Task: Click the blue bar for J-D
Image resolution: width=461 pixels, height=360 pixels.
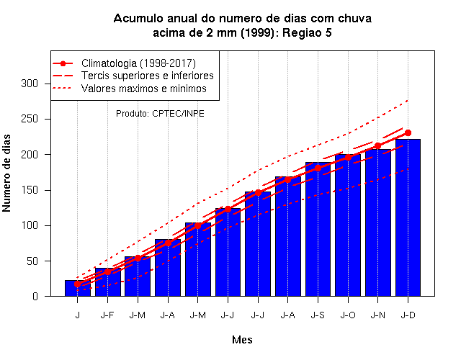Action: pos(408,217)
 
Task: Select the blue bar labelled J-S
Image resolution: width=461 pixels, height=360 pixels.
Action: pos(318,229)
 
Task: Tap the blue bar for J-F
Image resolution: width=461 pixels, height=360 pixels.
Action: pos(107,282)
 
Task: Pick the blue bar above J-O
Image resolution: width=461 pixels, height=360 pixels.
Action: pos(348,225)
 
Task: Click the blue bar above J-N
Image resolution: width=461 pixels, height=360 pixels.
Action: pos(377,222)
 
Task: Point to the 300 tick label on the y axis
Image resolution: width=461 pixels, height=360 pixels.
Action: pos(30,84)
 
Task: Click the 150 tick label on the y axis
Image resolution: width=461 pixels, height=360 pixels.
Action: pos(30,190)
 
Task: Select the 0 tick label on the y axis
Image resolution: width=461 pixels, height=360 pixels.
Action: pos(35,296)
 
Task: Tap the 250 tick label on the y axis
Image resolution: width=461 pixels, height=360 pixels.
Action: pos(30,119)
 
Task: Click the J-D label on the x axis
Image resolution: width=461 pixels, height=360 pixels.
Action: pos(408,315)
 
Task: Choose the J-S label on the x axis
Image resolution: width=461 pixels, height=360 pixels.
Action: pos(318,315)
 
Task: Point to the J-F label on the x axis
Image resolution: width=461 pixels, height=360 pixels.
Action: pos(107,315)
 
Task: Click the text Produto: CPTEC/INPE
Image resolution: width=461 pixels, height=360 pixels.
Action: pos(160,114)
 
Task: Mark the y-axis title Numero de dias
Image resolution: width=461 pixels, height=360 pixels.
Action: pos(6,173)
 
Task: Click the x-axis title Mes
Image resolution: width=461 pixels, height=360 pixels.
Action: pos(242,340)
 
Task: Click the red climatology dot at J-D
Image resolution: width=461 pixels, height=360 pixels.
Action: pos(408,132)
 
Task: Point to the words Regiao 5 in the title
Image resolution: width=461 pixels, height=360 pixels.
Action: pos(307,32)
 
